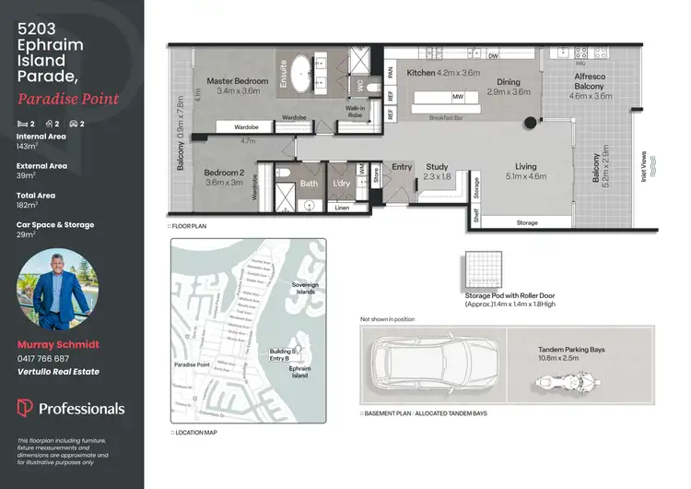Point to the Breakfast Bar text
446,117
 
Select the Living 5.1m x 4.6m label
524,171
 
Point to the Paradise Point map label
193,365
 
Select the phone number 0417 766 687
43,358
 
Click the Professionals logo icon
25,408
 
